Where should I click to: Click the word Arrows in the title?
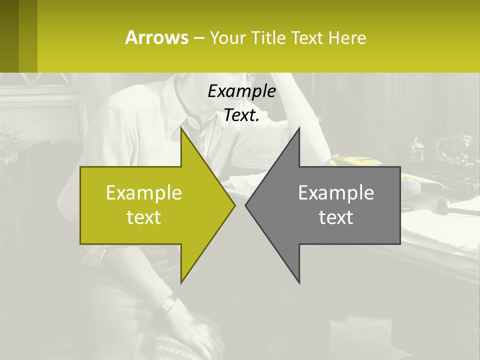pyautogui.click(x=156, y=37)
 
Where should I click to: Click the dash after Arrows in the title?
pyautogui.click(x=198, y=38)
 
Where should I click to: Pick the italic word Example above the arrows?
pyautogui.click(x=241, y=91)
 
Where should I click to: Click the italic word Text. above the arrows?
pyautogui.click(x=241, y=115)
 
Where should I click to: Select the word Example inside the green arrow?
pyautogui.click(x=144, y=193)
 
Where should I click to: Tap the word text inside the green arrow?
pyautogui.click(x=144, y=217)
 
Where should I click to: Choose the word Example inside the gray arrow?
pyautogui.click(x=336, y=193)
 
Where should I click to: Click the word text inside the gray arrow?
pyautogui.click(x=336, y=217)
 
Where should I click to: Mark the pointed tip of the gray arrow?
pyautogui.click(x=246, y=205)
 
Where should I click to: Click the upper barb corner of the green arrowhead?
pyautogui.click(x=181, y=128)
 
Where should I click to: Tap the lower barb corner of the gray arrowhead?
pyautogui.click(x=299, y=282)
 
